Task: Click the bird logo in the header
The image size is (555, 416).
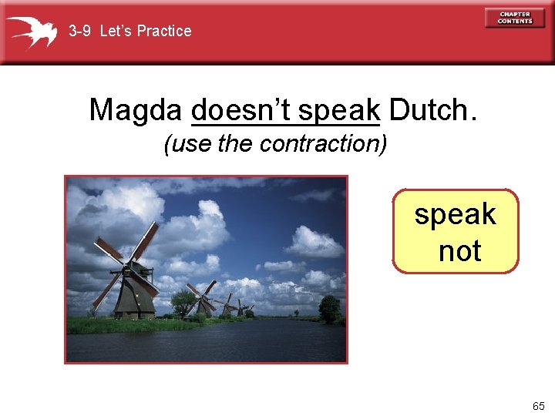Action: click(x=32, y=32)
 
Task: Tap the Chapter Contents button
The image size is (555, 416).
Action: click(x=514, y=17)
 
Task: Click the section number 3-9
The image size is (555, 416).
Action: click(x=80, y=31)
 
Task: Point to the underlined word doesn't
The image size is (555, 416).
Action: click(x=240, y=110)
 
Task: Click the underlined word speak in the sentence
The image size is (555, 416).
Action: click(x=338, y=110)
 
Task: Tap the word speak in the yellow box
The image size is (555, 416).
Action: click(x=455, y=214)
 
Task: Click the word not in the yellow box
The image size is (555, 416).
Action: click(x=459, y=250)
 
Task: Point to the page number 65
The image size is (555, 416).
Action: click(x=537, y=405)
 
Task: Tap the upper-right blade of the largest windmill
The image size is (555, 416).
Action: click(x=147, y=240)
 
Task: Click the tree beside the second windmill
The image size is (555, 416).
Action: click(x=183, y=302)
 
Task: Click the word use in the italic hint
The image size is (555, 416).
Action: click(x=188, y=144)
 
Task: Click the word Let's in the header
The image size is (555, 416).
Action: click(x=117, y=31)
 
